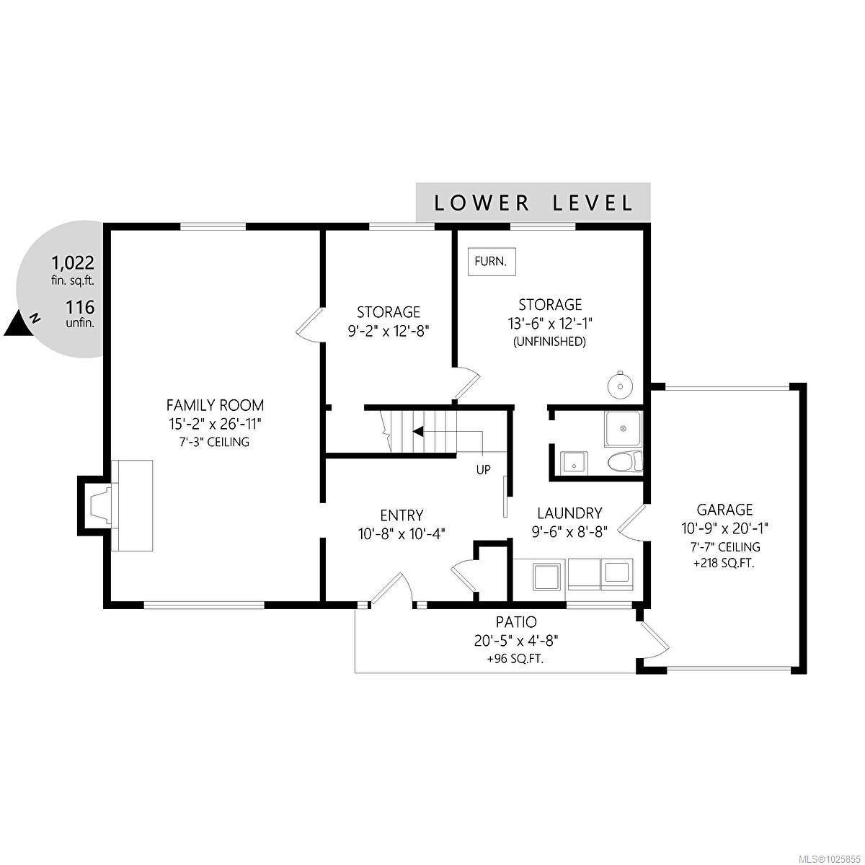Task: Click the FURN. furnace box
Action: (x=492, y=261)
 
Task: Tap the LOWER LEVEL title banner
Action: (x=533, y=203)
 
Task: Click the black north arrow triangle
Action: (x=19, y=324)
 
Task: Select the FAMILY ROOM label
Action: (x=215, y=405)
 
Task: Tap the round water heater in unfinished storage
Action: (x=618, y=384)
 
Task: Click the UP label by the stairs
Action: (x=483, y=470)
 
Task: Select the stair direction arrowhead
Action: (x=417, y=432)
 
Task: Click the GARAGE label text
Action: (x=724, y=510)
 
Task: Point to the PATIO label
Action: (x=516, y=621)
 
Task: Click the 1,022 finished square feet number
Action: (x=72, y=263)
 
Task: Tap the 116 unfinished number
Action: (x=80, y=308)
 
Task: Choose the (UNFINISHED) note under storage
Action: (x=549, y=342)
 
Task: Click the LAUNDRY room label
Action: (x=569, y=513)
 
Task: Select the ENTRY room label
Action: (x=402, y=515)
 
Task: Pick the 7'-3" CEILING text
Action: (x=215, y=442)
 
